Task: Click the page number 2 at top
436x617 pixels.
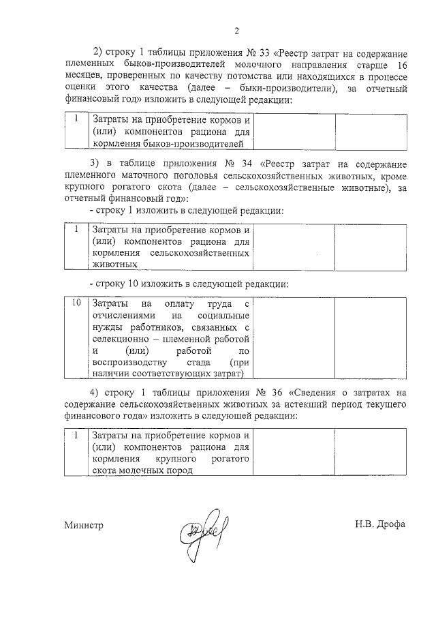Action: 236,30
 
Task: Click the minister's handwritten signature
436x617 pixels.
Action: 204,528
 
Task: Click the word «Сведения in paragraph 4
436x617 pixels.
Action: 315,391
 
